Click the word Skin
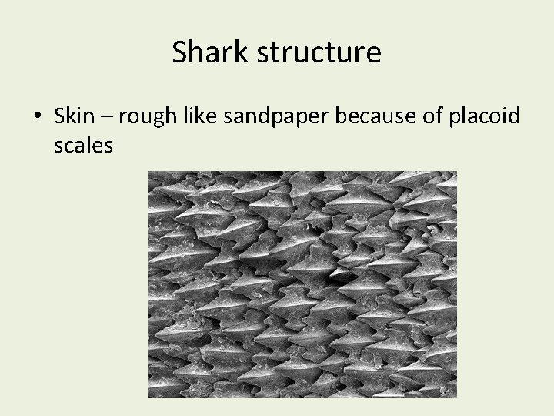coord(75,116)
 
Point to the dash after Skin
coord(108,118)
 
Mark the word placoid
coord(480,117)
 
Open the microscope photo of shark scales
coord(302,283)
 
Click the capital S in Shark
coord(180,52)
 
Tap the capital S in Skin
coord(61,116)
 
